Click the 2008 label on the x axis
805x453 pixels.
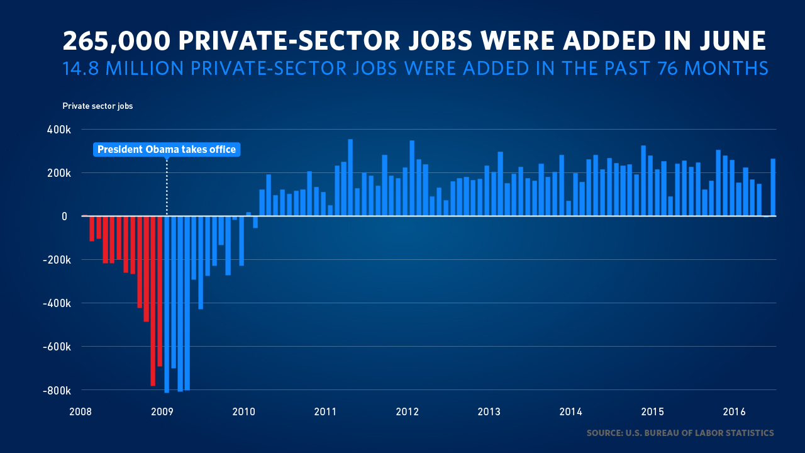[80, 412]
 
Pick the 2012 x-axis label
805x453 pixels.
[408, 412]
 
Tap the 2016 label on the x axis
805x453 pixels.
[734, 412]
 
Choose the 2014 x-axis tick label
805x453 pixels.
[570, 412]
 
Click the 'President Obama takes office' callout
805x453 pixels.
[167, 150]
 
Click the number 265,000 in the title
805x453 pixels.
[117, 42]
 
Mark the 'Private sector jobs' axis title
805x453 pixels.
[97, 106]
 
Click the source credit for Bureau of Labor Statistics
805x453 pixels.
[680, 433]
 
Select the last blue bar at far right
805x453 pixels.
[773, 187]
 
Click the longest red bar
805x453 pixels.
[153, 301]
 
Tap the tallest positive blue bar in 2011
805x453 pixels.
[350, 177]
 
